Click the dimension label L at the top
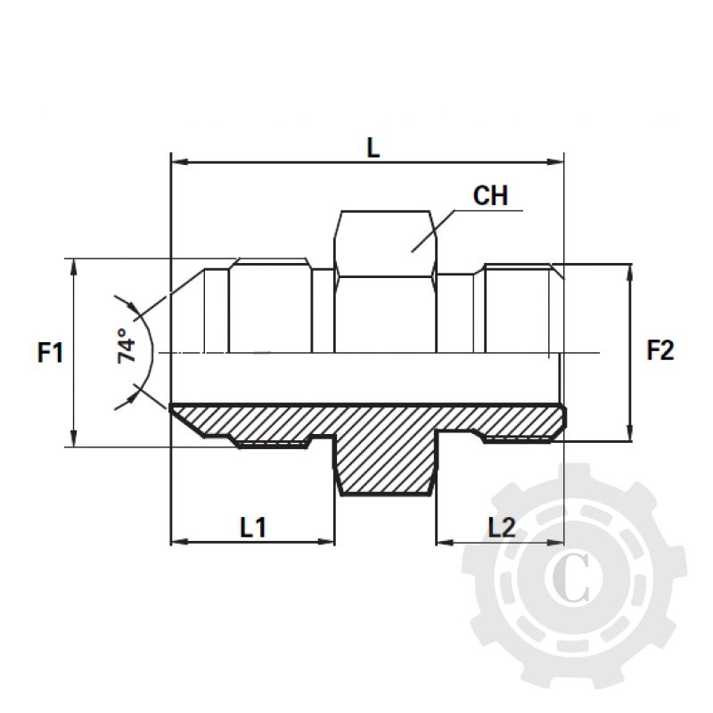click(373, 147)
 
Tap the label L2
click(502, 527)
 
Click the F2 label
click(660, 352)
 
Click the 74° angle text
click(128, 347)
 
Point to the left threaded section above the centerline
click(270, 307)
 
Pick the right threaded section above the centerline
click(517, 307)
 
